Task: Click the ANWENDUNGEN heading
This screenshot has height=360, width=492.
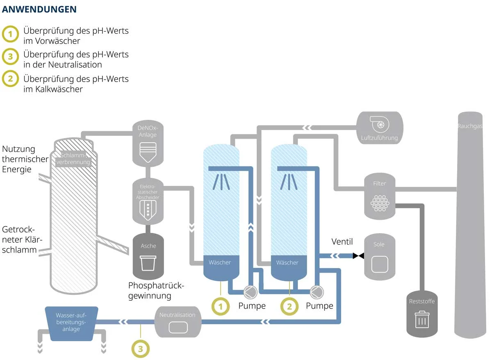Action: pyautogui.click(x=39, y=9)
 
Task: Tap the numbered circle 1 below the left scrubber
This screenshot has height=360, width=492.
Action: pyautogui.click(x=221, y=306)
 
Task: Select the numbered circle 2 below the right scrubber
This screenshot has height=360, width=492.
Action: pyautogui.click(x=289, y=306)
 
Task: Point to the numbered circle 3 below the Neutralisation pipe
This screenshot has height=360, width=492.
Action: pyautogui.click(x=140, y=349)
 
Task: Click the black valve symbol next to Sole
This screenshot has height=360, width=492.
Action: pyautogui.click(x=358, y=256)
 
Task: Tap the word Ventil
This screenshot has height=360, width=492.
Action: pyautogui.click(x=342, y=242)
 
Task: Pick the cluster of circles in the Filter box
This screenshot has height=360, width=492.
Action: pyautogui.click(x=379, y=202)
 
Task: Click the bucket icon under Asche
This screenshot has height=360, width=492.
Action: pyautogui.click(x=148, y=262)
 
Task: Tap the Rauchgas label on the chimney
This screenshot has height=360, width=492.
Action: pyautogui.click(x=469, y=126)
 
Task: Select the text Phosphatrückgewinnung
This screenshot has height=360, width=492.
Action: pyautogui.click(x=156, y=290)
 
